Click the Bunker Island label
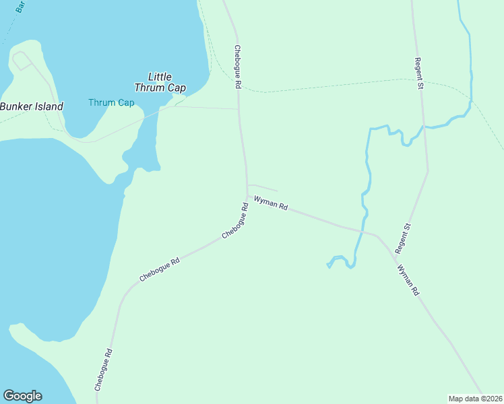[32, 106]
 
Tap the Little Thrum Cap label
[160, 82]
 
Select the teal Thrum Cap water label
[111, 102]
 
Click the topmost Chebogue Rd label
[237, 67]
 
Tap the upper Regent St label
[419, 73]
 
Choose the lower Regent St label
[402, 239]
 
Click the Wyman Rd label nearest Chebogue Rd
[271, 203]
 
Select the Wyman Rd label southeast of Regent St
[408, 281]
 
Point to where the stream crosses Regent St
[423, 126]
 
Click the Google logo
[22, 396]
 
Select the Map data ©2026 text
[475, 398]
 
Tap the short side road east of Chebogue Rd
[263, 187]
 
